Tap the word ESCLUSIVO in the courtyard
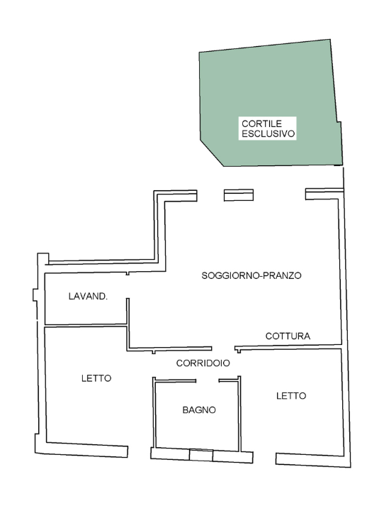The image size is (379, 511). coord(268,133)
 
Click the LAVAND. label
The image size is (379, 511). coord(88,296)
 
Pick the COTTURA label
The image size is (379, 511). coord(288,336)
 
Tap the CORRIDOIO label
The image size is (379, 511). coord(203,363)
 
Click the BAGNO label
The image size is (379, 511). coord(198,410)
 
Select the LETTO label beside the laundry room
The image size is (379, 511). coord(96,378)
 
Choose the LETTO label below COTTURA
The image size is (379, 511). coord(291,396)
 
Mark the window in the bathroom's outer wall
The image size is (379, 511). coord(200,456)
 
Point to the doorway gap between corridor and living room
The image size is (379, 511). coord(223,348)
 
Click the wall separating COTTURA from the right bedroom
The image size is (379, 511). coord(290,347)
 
